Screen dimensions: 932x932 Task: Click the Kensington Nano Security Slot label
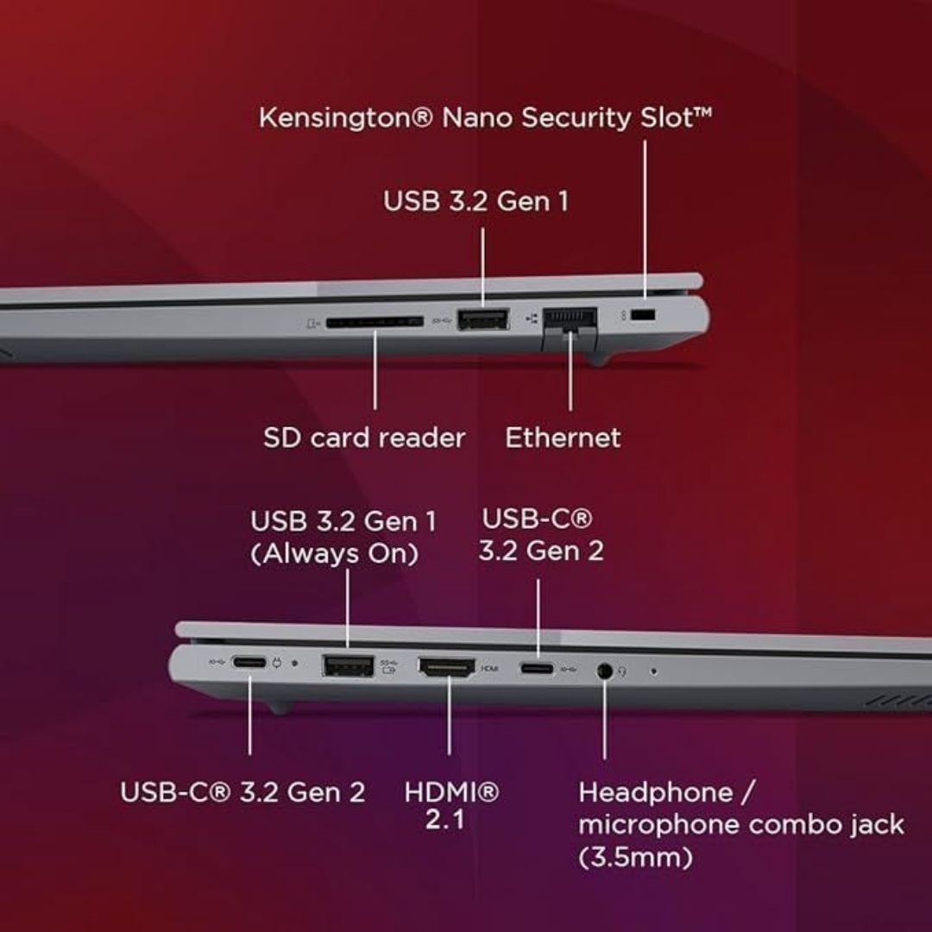pyautogui.click(x=485, y=117)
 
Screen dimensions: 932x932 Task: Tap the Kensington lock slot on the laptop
pyautogui.click(x=643, y=315)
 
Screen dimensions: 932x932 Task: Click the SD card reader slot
pyautogui.click(x=375, y=322)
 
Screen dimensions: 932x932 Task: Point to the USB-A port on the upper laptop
pyautogui.click(x=482, y=319)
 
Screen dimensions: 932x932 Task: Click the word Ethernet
pyautogui.click(x=563, y=438)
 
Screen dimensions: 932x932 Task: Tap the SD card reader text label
pyautogui.click(x=364, y=438)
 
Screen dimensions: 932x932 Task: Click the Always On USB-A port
pyautogui.click(x=348, y=665)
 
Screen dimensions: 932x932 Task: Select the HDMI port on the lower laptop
pyautogui.click(x=447, y=667)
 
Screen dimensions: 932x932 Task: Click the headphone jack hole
pyautogui.click(x=604, y=671)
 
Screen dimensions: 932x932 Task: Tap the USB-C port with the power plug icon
pyautogui.click(x=249, y=662)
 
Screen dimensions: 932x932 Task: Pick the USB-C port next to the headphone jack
pyautogui.click(x=538, y=669)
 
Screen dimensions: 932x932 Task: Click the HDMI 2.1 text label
pyautogui.click(x=451, y=806)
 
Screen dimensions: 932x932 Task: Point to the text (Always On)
pyautogui.click(x=335, y=554)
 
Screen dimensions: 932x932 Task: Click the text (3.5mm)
pyautogui.click(x=635, y=857)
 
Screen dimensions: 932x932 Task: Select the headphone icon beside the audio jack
pyautogui.click(x=622, y=671)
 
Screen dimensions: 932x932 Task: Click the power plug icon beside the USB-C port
pyautogui.click(x=277, y=662)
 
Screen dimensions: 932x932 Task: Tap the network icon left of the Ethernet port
pyautogui.click(x=532, y=319)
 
